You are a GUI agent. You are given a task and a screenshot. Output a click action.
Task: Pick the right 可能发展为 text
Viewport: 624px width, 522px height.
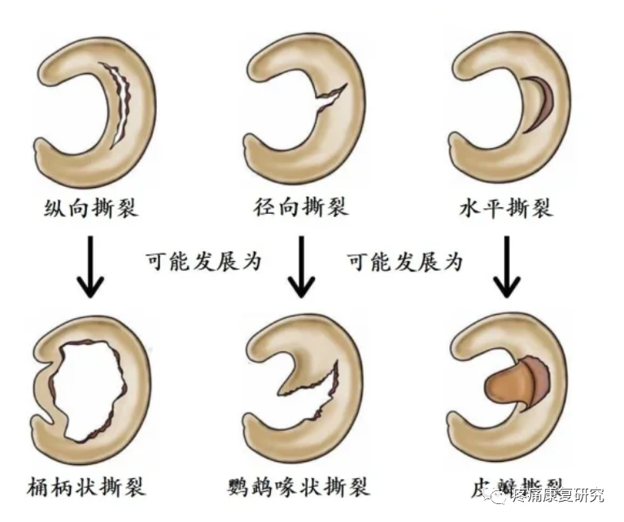click(405, 262)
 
